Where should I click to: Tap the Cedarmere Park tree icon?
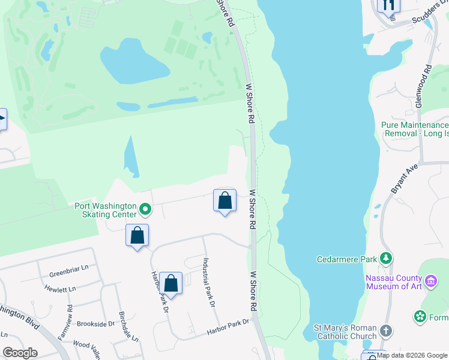[x=386, y=259]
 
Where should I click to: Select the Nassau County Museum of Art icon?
[x=430, y=281]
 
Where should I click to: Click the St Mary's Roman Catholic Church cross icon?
[x=386, y=331]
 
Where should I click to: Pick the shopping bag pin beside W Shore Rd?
[x=224, y=200]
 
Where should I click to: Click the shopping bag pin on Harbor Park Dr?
[x=170, y=283]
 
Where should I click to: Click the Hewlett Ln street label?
[x=60, y=289]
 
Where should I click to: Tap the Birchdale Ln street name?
[x=128, y=328]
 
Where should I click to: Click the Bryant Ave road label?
[x=396, y=180]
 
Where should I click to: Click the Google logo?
[x=20, y=353]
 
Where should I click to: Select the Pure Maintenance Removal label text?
[x=415, y=129]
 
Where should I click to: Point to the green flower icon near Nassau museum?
[x=420, y=316]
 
